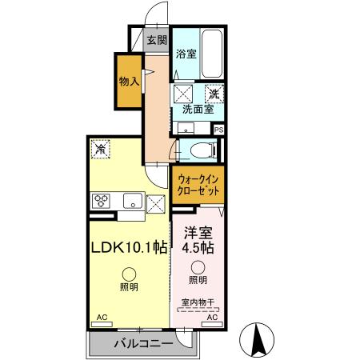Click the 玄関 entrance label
157,40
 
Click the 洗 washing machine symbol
214,93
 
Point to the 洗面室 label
196,110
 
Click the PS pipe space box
218,128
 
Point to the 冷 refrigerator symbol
101,148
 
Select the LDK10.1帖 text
127,248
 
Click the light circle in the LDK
127,274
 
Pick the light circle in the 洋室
198,267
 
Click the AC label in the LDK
102,317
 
